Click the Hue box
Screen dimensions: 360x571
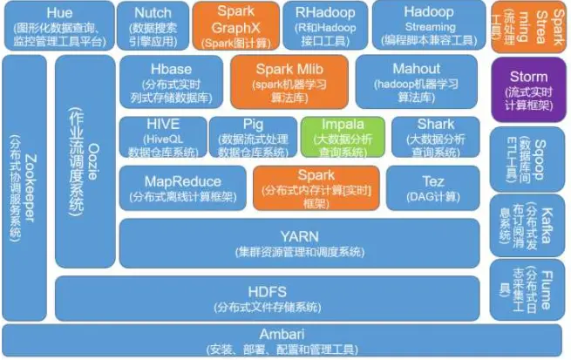(58, 25)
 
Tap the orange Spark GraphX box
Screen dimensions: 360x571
(235, 25)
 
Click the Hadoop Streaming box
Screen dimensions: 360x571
(428, 25)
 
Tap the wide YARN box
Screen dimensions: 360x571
(299, 242)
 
